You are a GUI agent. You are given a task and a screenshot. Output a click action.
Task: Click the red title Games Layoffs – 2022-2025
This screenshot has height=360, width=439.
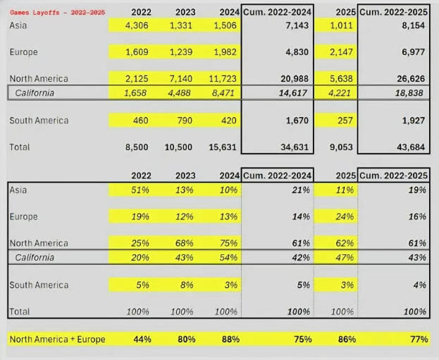coord(48,13)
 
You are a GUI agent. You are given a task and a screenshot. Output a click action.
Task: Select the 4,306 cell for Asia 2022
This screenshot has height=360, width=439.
coord(136,25)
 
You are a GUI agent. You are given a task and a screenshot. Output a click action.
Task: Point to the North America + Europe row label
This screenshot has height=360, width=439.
coord(58,340)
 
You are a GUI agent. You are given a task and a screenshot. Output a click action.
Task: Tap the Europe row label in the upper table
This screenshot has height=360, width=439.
coord(24,52)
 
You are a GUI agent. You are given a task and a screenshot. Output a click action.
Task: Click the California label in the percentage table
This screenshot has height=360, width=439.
coord(35,258)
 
